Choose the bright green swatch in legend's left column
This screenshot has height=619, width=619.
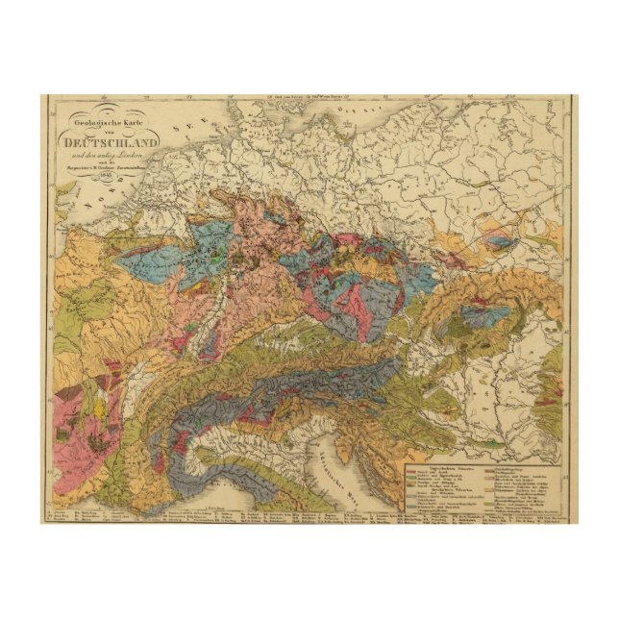411,478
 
